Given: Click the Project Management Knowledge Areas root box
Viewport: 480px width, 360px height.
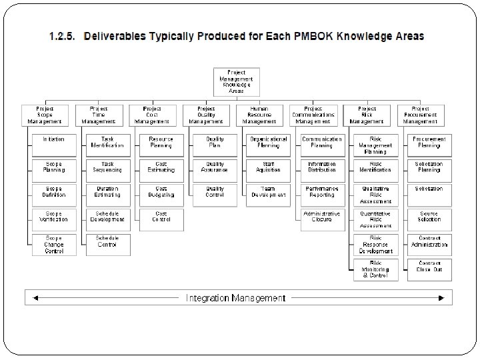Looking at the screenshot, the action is [x=236, y=81].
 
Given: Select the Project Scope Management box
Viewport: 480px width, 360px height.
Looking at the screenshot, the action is [x=45, y=115].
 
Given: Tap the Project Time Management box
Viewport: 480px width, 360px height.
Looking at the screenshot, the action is [x=99, y=115].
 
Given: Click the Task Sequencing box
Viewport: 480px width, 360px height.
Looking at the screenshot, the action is [x=107, y=167].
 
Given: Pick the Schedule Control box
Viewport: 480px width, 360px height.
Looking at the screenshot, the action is [x=107, y=243].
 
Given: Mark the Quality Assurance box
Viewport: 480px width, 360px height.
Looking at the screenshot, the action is [x=215, y=167].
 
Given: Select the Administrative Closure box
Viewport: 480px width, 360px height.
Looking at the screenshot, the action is [x=323, y=219].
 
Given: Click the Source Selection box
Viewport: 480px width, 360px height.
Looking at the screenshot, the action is [x=429, y=219].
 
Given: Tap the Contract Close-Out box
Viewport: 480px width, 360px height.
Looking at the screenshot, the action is [x=429, y=269].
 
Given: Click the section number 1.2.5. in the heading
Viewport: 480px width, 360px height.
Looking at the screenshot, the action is [x=66, y=36].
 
